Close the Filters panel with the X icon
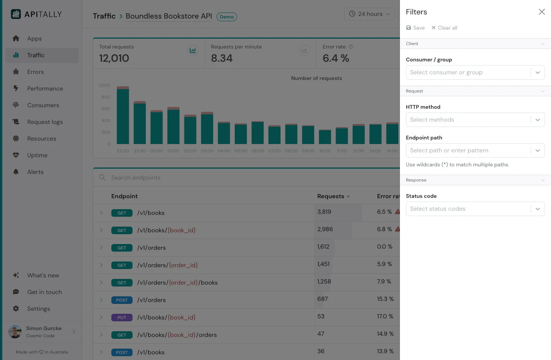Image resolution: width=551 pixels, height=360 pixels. tap(542, 12)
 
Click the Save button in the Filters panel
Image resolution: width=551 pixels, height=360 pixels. tap(415, 28)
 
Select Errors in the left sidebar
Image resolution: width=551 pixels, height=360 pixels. tap(35, 72)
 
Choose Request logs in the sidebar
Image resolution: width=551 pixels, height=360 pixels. tap(45, 122)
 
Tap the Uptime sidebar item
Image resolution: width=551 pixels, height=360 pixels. tap(37, 155)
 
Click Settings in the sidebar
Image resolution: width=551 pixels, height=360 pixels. tap(38, 309)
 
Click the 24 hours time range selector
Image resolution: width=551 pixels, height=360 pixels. tap(369, 14)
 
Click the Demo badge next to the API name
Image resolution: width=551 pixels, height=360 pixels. tap(226, 17)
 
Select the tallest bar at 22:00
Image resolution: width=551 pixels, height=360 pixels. tap(123, 116)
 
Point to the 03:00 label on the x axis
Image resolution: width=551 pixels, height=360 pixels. tap(207, 151)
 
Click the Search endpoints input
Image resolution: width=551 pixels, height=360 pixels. tap(227, 178)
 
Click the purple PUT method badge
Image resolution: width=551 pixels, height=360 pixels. tap(122, 318)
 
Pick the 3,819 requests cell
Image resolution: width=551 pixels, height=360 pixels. tap(324, 212)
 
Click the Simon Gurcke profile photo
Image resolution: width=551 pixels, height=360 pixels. tap(15, 332)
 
